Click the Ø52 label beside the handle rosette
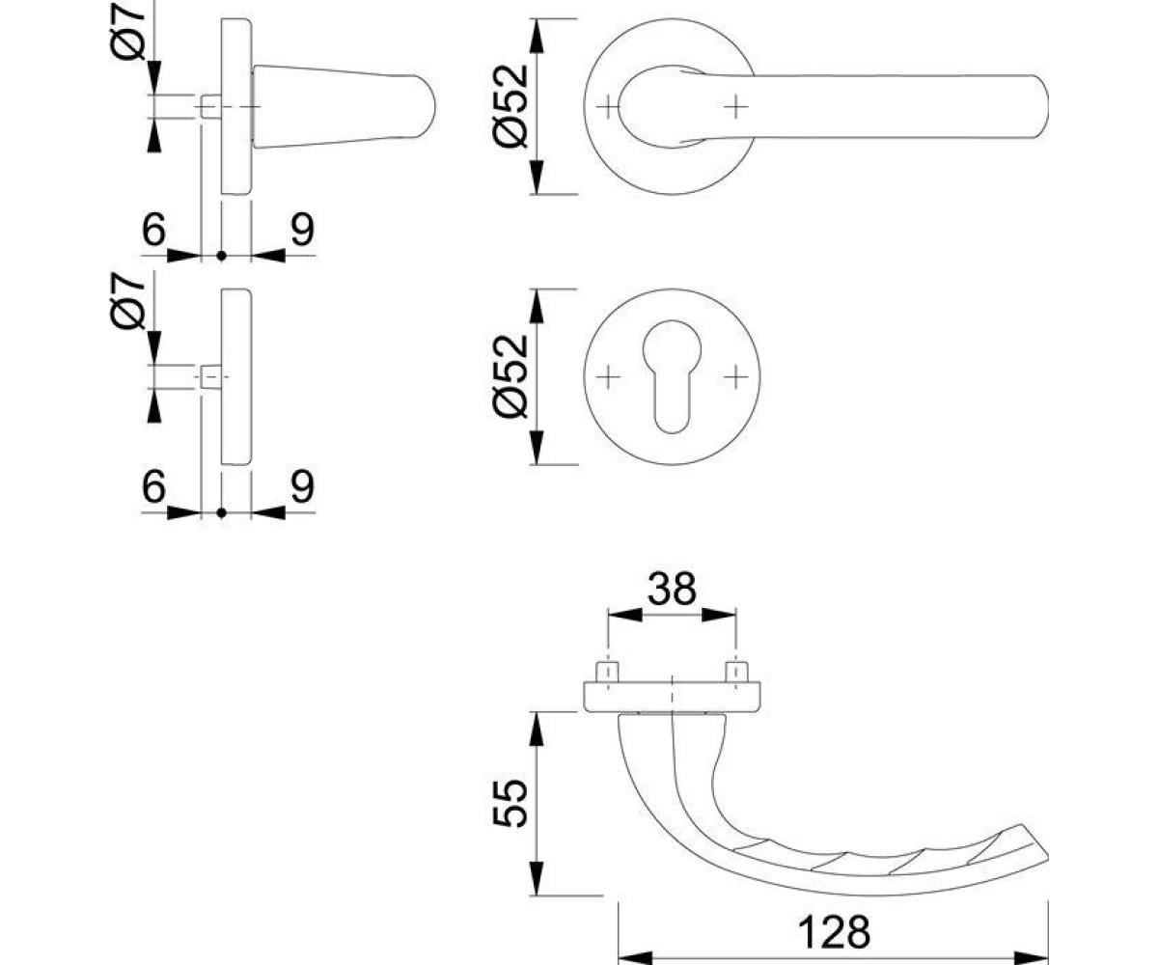[x=510, y=106]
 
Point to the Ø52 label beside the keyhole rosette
[x=510, y=376]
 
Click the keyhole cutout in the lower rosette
[x=672, y=376]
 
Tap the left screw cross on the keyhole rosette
[x=608, y=377]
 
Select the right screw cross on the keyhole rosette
[x=736, y=377]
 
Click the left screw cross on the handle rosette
[x=608, y=106]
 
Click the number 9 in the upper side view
[x=303, y=229]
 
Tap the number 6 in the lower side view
[x=153, y=486]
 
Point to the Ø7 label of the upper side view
[x=128, y=33]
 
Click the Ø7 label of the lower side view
[x=128, y=302]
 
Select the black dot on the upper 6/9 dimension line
[x=221, y=256]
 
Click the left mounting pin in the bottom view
[x=608, y=672]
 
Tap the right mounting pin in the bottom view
[x=736, y=672]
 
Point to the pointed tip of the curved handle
[x=1046, y=860]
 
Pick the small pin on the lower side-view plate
[x=210, y=376]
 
